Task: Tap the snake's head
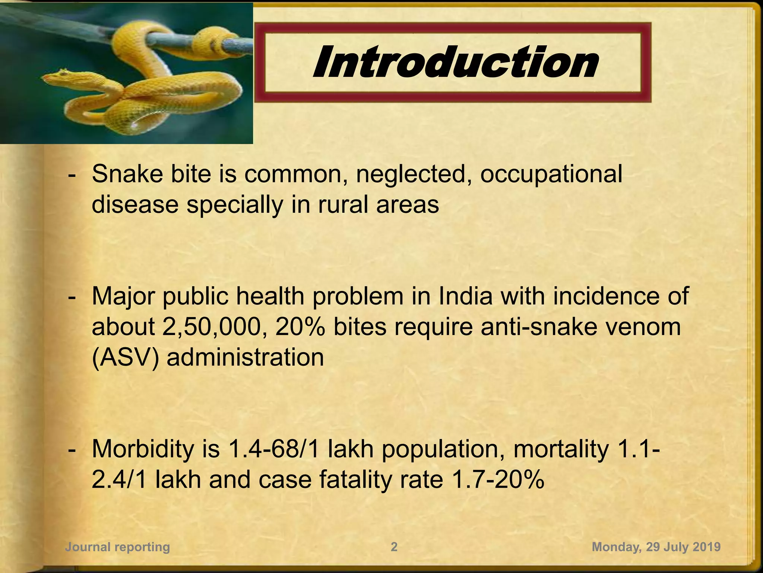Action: click(56, 77)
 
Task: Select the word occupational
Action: click(551, 174)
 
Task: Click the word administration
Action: click(245, 357)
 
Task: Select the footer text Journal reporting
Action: click(117, 547)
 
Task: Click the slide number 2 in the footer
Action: click(394, 547)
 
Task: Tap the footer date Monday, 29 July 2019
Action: click(656, 547)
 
